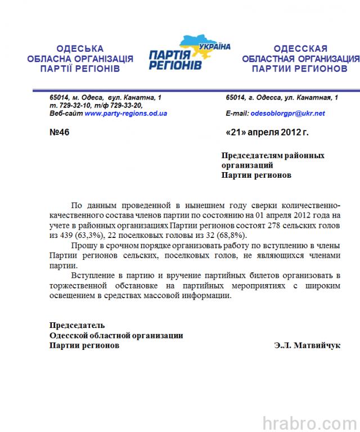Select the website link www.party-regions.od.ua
click(x=125, y=113)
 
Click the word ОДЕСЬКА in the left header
click(x=80, y=49)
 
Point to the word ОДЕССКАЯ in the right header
click(x=300, y=49)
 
